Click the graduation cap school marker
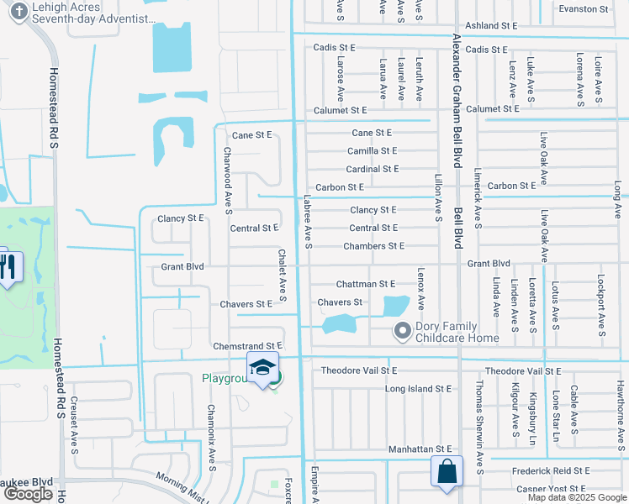262,368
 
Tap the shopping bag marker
447,472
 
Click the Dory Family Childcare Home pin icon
402,331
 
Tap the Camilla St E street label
372,151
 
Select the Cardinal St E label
373,169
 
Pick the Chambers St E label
373,246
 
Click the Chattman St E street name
365,285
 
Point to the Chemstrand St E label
247,346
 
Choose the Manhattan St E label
420,450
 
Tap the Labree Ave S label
308,223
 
